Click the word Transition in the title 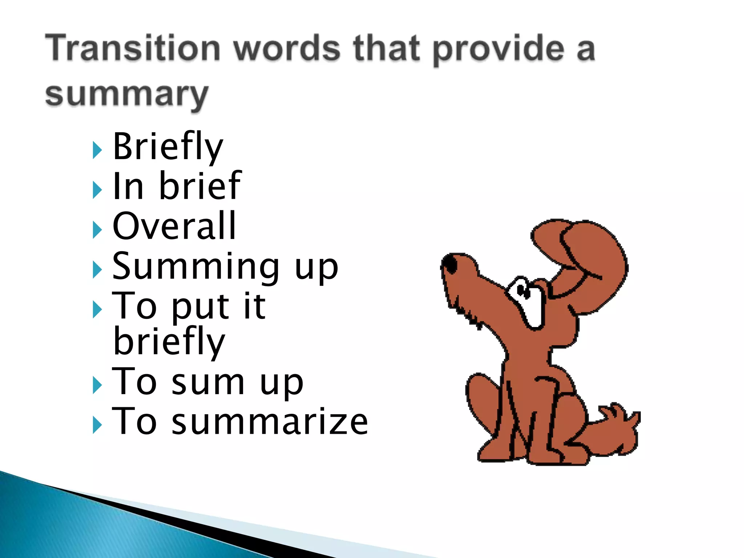pos(133,48)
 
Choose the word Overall pos(174,226)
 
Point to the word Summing pos(196,267)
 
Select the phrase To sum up pos(207,382)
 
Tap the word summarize pos(270,421)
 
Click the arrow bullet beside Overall pos(97,230)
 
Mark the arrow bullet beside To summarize pos(97,425)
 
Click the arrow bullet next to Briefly pos(97,150)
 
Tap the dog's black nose pos(451,264)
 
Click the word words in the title pos(287,48)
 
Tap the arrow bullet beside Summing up pos(97,270)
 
